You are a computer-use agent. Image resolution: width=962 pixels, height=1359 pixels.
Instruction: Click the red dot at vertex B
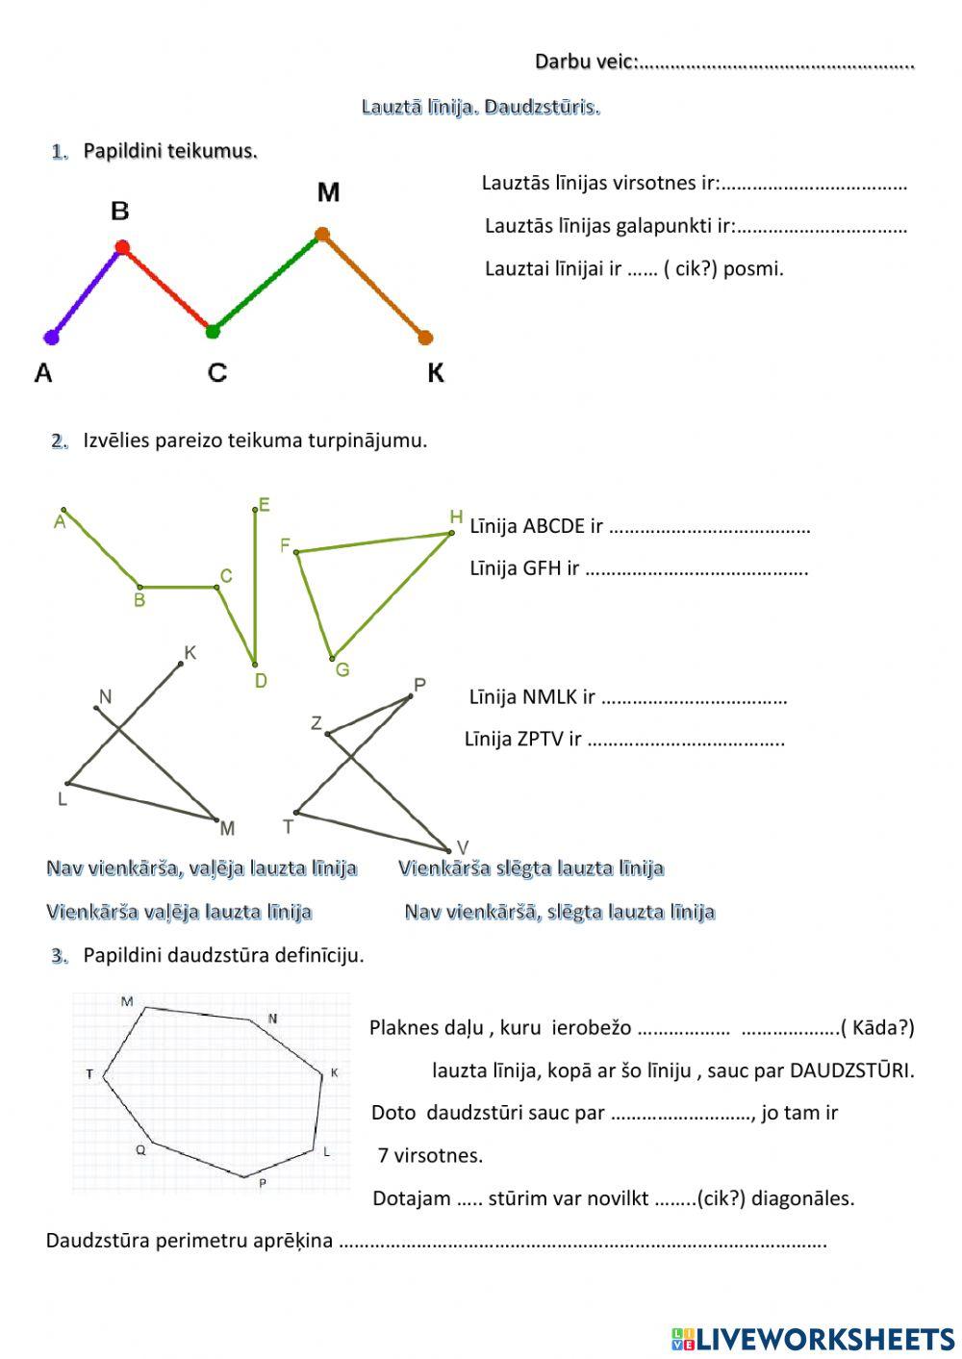pos(122,248)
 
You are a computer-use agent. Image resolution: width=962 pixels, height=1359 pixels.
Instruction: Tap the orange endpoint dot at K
pos(425,338)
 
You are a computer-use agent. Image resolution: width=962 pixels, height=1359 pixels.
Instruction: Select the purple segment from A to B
pos(87,292)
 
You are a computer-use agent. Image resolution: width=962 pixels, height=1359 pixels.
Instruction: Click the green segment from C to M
pos(267,283)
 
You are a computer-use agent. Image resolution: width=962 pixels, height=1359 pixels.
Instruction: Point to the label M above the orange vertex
pos(328,193)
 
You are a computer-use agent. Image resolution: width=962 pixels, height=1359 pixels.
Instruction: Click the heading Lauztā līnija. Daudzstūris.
pos(480,107)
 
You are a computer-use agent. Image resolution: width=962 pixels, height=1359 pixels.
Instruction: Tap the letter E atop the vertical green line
pos(264,505)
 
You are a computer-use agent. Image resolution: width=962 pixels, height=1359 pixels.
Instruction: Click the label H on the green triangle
pos(456,517)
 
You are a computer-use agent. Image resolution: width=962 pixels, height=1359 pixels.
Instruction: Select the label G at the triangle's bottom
pos(342,670)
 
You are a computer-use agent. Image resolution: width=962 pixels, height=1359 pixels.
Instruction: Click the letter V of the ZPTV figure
pos(462,847)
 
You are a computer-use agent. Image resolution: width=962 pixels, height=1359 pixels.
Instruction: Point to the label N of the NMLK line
pos(105,696)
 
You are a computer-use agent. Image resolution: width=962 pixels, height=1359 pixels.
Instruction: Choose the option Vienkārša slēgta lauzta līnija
pos(531,868)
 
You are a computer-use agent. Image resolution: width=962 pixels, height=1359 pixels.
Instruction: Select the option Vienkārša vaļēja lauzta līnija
pos(179,912)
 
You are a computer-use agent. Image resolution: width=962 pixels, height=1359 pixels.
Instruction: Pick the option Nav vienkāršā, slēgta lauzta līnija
pos(559,912)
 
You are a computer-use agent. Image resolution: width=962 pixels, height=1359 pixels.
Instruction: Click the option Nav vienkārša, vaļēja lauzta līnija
pos(201,868)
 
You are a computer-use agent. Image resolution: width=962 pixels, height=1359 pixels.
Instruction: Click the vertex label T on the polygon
pos(89,1073)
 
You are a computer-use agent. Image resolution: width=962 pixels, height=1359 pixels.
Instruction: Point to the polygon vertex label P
pos(262,1184)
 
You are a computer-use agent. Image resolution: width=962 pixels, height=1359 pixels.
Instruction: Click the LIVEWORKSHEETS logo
pos(812,1338)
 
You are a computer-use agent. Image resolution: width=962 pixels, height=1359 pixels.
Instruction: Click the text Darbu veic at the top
pos(585,62)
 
